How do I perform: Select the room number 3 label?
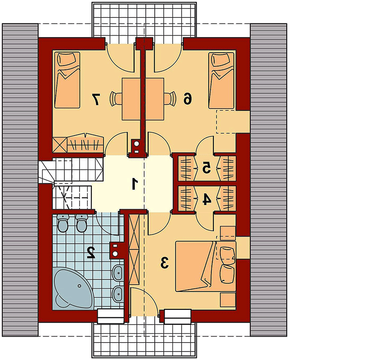165,262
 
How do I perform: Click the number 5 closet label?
207,167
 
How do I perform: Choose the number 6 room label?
188,99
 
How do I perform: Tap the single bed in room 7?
67,80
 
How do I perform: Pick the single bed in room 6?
221,80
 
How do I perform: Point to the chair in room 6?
170,98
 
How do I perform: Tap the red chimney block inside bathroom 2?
117,250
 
